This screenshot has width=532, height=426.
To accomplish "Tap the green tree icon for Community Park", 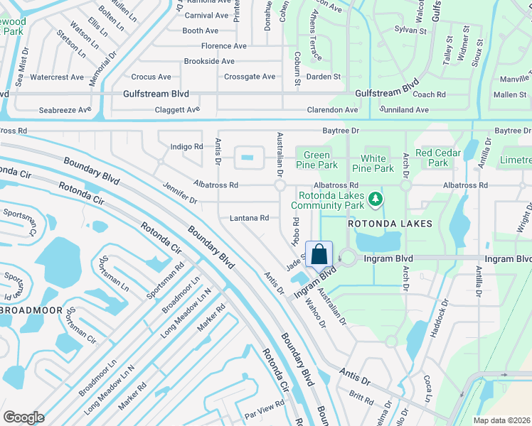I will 376,202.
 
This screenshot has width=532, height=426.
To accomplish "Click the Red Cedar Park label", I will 438,153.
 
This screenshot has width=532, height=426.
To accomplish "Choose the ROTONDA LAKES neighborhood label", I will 390,224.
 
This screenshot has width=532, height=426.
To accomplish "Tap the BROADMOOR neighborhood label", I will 36,311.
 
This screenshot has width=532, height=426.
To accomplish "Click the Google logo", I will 23,417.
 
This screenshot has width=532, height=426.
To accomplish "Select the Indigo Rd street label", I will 187,146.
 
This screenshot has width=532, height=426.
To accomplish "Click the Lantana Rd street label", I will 248,218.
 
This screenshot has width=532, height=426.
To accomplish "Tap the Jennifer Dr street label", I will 179,192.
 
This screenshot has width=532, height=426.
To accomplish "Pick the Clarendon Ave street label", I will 331,110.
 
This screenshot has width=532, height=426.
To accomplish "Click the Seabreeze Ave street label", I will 65,110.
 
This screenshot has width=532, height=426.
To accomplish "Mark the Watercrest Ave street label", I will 57,77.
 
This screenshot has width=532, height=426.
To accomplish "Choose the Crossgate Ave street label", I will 249,77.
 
